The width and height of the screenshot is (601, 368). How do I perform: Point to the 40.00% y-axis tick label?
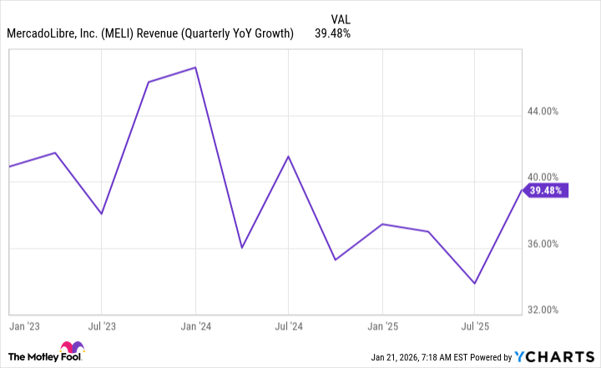pyautogui.click(x=548, y=177)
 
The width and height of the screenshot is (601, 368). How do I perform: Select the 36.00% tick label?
pyautogui.click(x=548, y=244)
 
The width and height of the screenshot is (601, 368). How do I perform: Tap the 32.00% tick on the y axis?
pyautogui.click(x=548, y=310)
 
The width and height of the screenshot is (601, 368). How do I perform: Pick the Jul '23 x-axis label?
pyautogui.click(x=101, y=325)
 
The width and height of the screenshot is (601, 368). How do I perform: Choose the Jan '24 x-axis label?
pyautogui.click(x=195, y=325)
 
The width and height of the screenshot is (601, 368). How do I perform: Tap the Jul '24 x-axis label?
pyautogui.click(x=288, y=325)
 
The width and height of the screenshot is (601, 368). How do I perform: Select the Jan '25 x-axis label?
pyautogui.click(x=382, y=325)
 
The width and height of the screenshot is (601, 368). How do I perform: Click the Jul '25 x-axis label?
pyautogui.click(x=474, y=325)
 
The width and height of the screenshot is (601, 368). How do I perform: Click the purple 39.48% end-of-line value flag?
pyautogui.click(x=547, y=190)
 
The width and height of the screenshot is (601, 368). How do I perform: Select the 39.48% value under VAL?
pyautogui.click(x=332, y=33)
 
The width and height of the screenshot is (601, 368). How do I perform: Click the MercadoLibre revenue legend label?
pyautogui.click(x=150, y=33)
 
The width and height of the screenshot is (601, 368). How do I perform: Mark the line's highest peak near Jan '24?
pyautogui.click(x=195, y=68)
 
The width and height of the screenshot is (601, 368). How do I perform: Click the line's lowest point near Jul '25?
pyautogui.click(x=475, y=284)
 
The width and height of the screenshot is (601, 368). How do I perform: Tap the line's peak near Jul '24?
pyautogui.click(x=288, y=157)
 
